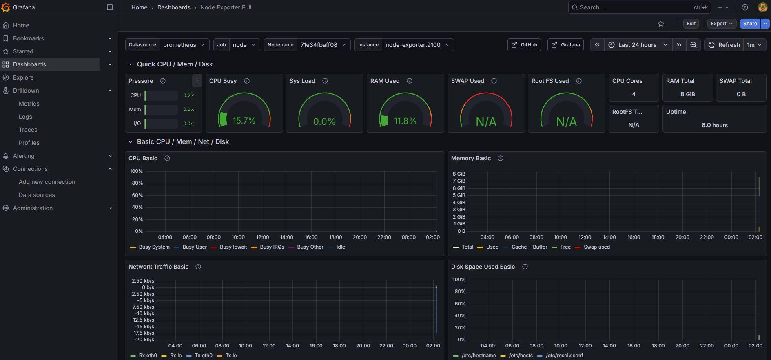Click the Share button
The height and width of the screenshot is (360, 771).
point(750,24)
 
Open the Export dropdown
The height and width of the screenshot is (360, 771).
point(721,24)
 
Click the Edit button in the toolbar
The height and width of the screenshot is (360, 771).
point(691,24)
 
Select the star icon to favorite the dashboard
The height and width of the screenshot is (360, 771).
point(661,24)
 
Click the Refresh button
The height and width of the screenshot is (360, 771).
point(724,45)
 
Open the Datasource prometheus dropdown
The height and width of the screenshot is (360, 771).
point(184,45)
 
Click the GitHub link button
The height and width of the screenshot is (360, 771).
point(524,45)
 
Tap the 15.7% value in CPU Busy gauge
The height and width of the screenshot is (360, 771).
point(244,121)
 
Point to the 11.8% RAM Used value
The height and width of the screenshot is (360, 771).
point(405,121)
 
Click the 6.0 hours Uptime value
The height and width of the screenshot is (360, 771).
point(714,125)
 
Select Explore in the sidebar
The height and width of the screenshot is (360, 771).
point(23,77)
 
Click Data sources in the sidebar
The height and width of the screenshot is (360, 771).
point(37,195)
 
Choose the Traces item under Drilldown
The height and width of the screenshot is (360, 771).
point(28,130)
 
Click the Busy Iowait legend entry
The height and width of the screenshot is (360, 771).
point(233,247)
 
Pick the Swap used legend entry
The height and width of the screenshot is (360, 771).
point(596,247)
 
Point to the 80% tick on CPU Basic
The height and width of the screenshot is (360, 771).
point(137,183)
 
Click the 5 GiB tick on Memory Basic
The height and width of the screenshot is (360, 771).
point(459,195)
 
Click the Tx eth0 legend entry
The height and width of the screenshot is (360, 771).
point(203,356)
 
